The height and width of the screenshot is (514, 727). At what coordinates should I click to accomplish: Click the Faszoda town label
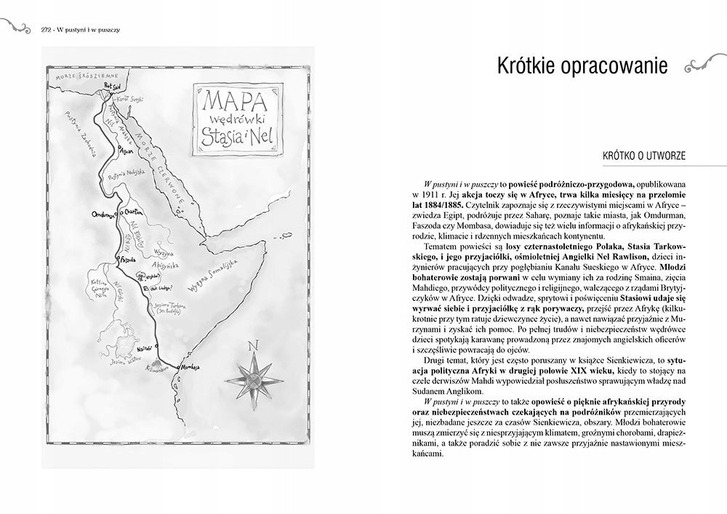pos(128,258)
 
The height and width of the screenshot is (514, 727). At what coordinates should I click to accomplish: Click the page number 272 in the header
pos(41,30)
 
